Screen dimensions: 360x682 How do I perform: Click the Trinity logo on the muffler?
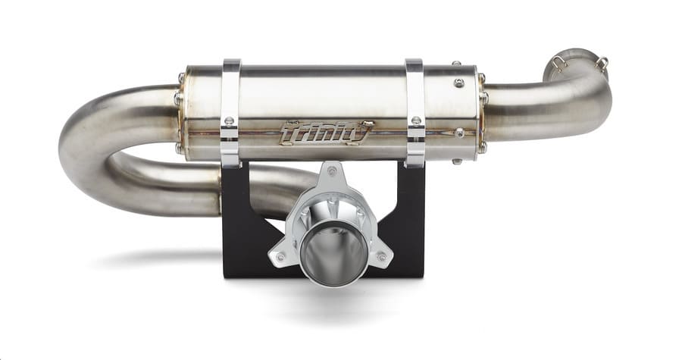click(x=326, y=133)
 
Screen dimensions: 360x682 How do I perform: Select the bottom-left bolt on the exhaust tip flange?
click(x=280, y=257)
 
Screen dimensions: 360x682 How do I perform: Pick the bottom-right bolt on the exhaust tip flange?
click(x=380, y=257)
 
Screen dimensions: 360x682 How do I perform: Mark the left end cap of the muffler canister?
click(x=183, y=114)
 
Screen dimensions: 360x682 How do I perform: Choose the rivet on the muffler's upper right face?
click(x=459, y=83)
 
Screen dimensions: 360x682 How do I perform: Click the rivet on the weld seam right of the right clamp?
click(x=459, y=133)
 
